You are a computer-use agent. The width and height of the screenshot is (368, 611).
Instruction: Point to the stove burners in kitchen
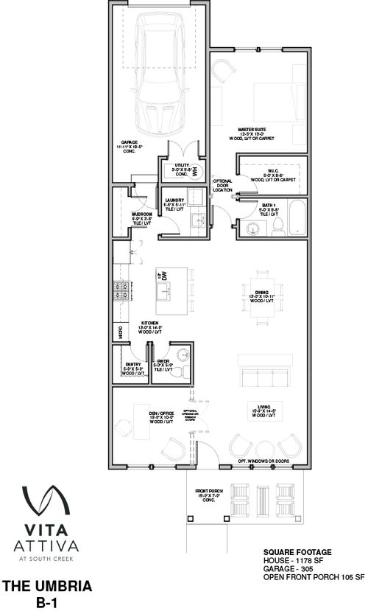121,292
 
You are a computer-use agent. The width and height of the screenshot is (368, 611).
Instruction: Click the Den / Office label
160,416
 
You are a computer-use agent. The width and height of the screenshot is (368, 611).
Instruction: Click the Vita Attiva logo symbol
45,500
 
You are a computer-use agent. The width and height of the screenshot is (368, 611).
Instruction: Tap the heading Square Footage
297,552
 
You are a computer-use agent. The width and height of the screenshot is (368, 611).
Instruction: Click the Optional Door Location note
222,185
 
